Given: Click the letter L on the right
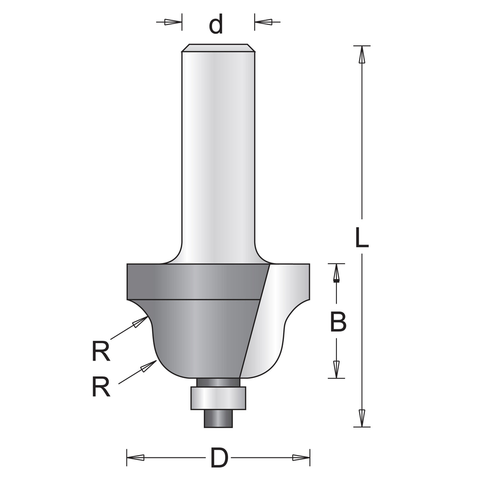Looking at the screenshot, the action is click(x=361, y=237).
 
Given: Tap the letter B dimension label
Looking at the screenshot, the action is click(x=338, y=321).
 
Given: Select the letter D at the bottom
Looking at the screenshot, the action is click(x=219, y=458).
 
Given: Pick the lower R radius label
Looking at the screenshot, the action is click(x=101, y=387).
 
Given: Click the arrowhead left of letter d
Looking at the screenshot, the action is click(x=173, y=22).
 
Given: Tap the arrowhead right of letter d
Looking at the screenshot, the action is click(x=263, y=22).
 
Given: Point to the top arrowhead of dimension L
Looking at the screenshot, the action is click(x=362, y=54).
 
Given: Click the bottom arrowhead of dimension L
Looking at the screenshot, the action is click(x=362, y=418).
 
